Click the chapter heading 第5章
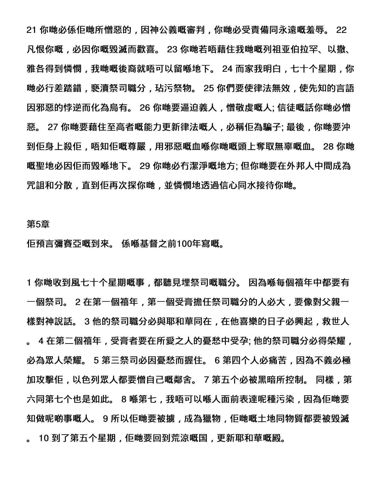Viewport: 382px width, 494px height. click(38, 225)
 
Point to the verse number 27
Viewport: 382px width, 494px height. click(53, 127)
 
